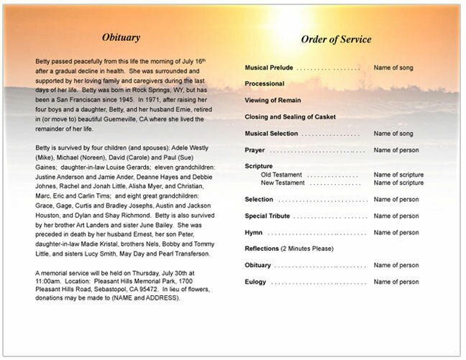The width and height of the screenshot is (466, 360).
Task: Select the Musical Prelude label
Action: (268, 68)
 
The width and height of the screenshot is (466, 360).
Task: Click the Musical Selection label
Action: (272, 133)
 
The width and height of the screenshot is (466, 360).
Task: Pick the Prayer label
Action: (254, 149)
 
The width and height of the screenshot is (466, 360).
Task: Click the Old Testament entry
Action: (281, 175)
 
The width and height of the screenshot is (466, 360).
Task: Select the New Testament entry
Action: (283, 183)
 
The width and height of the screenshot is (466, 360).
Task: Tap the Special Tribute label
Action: (268, 216)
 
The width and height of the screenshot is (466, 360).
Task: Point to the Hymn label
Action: (253, 232)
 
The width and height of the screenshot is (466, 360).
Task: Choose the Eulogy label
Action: (255, 282)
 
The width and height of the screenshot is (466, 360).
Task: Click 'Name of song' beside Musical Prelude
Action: (395, 68)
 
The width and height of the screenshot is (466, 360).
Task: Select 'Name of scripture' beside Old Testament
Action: (398, 175)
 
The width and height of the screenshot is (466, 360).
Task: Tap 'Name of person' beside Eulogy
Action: (396, 282)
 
